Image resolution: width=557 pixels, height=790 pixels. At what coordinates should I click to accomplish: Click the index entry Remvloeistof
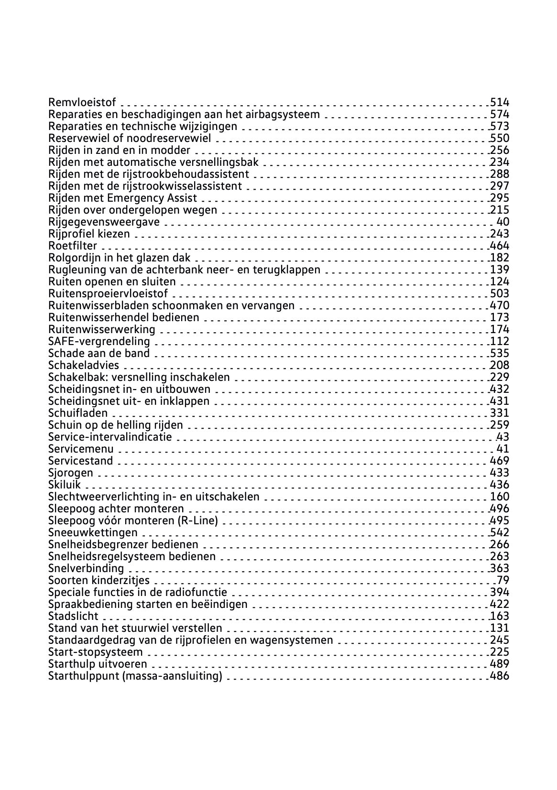pos(82,102)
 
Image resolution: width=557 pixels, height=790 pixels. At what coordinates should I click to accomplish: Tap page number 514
pos(500,102)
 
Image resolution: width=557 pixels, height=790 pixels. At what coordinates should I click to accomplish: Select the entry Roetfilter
pos(73,246)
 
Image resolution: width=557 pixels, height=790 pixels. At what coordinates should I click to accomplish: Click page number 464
pos(500,246)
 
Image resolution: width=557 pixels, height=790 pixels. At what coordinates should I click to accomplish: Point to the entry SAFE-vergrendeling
pos(99,341)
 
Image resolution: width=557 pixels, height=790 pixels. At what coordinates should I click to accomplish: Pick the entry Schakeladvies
pos(84,365)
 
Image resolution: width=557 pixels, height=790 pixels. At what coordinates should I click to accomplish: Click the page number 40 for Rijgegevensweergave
pos(503,222)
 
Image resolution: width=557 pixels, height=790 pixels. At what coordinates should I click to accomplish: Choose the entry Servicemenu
pos(81,449)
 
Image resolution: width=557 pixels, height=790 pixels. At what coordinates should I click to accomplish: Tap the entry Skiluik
pos(65,485)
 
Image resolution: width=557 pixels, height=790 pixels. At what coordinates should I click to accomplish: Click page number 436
pos(500,485)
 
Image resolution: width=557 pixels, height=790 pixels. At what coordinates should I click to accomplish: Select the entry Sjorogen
pos(71,473)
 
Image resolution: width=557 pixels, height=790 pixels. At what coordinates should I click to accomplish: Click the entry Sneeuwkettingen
pos(93,532)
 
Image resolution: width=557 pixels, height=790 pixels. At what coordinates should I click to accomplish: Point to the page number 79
pos(503,580)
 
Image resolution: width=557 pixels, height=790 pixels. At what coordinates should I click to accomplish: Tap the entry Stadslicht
pos(73,616)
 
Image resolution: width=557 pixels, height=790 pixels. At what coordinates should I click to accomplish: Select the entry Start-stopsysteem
pos(96,652)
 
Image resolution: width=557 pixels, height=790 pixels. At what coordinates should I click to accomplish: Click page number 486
pos(500,676)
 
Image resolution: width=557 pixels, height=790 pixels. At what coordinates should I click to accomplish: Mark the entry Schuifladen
pos(78,413)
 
